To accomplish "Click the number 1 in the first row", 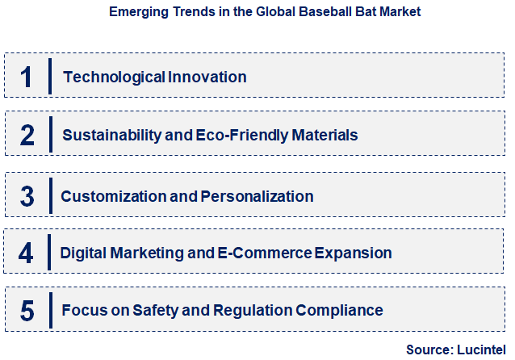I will pyautogui.click(x=27, y=77).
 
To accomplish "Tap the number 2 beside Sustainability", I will pyautogui.click(x=27, y=135).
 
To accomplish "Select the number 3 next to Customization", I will pyautogui.click(x=27, y=196).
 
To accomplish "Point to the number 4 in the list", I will pyautogui.click(x=27, y=253).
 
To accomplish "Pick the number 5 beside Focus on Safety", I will pyautogui.click(x=27, y=310).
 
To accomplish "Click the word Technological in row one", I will pyautogui.click(x=114, y=77).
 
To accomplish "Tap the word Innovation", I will pyautogui.click(x=207, y=77).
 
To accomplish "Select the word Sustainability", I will pyautogui.click(x=111, y=136).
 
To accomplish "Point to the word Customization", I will pyautogui.click(x=111, y=196).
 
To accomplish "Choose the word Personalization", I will pyautogui.click(x=256, y=196).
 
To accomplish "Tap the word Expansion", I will pyautogui.click(x=354, y=253).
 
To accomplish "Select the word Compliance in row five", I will pyautogui.click(x=339, y=310).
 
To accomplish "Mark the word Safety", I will pyautogui.click(x=151, y=310).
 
